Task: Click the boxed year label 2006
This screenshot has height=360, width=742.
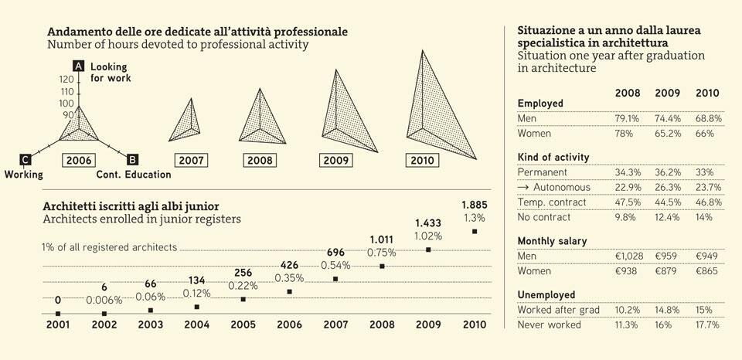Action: coord(80,160)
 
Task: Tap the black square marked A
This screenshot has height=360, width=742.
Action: coord(78,66)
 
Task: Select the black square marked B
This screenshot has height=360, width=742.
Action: coord(132,159)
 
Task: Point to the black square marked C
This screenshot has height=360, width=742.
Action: coord(26,159)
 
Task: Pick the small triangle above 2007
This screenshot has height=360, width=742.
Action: coord(185,122)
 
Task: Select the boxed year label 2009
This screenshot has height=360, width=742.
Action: coord(336,160)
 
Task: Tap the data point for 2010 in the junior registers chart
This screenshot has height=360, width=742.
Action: coord(475,231)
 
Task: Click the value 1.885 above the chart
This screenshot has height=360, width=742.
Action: coord(474,205)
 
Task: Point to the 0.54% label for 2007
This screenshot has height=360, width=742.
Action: coord(335,264)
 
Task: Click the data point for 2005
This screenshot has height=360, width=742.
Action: coord(243,299)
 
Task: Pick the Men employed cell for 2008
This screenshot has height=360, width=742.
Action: coord(627,119)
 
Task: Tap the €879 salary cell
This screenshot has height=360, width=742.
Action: coord(667,271)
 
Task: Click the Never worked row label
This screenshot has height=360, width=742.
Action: coord(549,324)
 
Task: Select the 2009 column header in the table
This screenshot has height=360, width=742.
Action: coord(667,93)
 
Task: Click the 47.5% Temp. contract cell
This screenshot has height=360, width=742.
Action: coord(627,202)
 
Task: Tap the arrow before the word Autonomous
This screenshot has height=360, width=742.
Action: coord(522,187)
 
